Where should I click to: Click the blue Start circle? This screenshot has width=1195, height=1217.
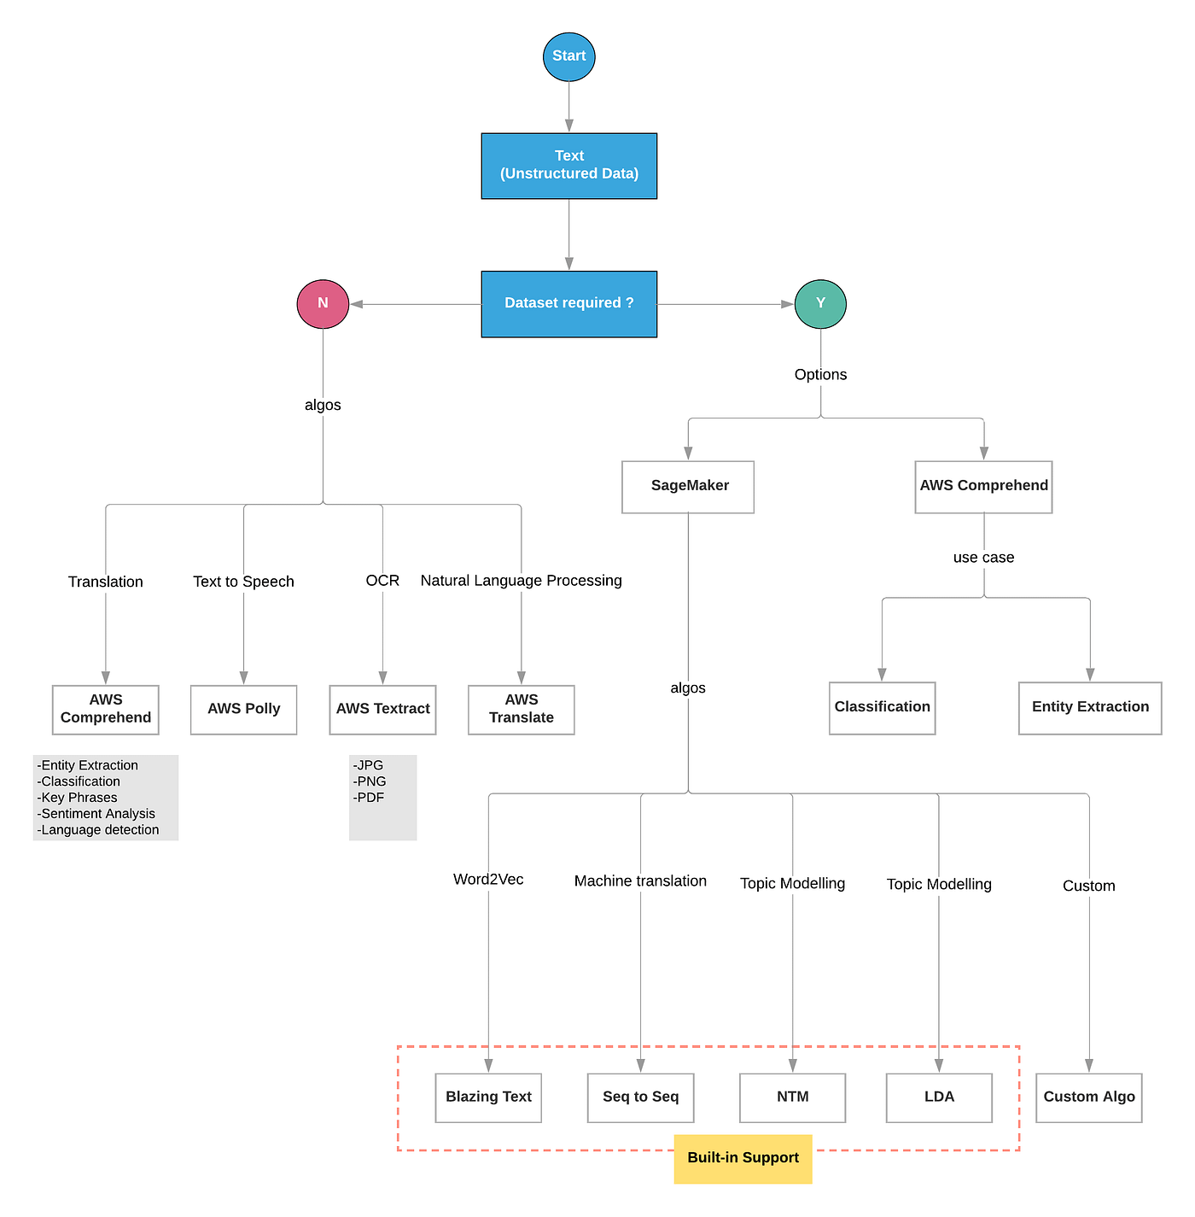[568, 56]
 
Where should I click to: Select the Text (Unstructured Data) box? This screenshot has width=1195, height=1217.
[568, 166]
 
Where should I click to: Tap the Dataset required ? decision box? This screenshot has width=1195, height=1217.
[568, 303]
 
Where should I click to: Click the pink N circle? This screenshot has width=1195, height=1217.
[323, 303]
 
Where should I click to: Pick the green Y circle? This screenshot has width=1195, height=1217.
[820, 303]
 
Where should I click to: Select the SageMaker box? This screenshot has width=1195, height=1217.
[688, 486]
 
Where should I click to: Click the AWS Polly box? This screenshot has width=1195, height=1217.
[243, 709]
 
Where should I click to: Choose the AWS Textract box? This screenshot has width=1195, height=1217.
[382, 709]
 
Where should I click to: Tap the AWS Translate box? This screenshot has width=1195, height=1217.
[521, 709]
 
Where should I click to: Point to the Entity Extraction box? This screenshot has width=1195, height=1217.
[1090, 707]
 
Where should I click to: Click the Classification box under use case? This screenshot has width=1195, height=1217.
[882, 707]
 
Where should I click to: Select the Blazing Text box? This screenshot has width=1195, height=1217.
[488, 1097]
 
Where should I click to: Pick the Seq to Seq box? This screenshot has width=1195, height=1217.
[640, 1097]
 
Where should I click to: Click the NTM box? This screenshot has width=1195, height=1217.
[792, 1097]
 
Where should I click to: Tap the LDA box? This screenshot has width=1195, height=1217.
[939, 1097]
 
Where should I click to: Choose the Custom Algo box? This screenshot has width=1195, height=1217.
[1089, 1097]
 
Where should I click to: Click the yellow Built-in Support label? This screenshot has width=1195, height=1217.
[743, 1158]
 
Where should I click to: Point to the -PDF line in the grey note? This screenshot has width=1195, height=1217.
[369, 798]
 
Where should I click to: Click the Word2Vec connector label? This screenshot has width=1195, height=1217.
[488, 880]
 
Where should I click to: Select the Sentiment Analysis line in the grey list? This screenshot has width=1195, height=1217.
[97, 814]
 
